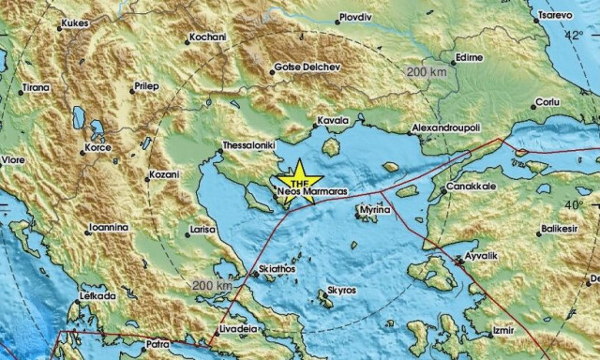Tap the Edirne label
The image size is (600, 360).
tap(468, 58)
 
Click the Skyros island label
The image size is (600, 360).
tap(338, 291)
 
